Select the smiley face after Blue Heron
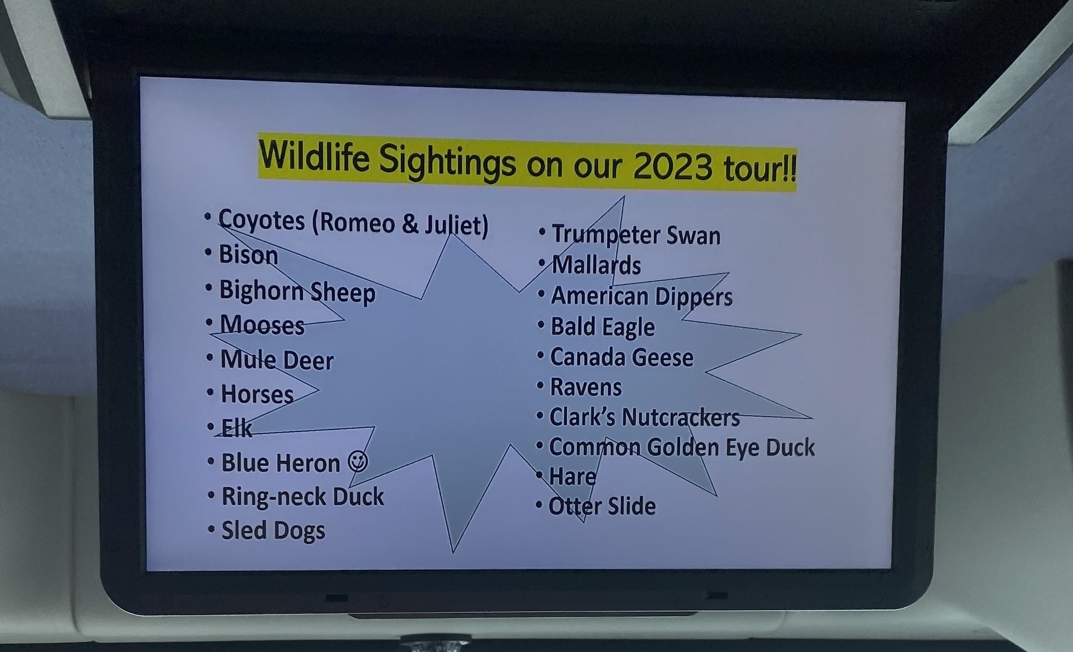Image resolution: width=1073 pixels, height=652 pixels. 358,462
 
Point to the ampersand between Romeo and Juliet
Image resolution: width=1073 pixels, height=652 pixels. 410,223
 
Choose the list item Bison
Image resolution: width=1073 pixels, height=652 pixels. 248,255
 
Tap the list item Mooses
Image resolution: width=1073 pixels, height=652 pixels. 262,325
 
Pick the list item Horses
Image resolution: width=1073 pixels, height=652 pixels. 257,394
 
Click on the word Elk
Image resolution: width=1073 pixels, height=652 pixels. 236,428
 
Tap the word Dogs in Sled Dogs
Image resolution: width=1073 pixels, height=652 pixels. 299,530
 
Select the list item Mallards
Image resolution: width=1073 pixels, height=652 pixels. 596,265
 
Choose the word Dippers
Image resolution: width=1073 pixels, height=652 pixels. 694,297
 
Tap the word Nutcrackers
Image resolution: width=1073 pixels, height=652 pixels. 681,417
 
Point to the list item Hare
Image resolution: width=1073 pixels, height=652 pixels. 573,476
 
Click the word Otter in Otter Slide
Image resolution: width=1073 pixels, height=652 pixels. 575,506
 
